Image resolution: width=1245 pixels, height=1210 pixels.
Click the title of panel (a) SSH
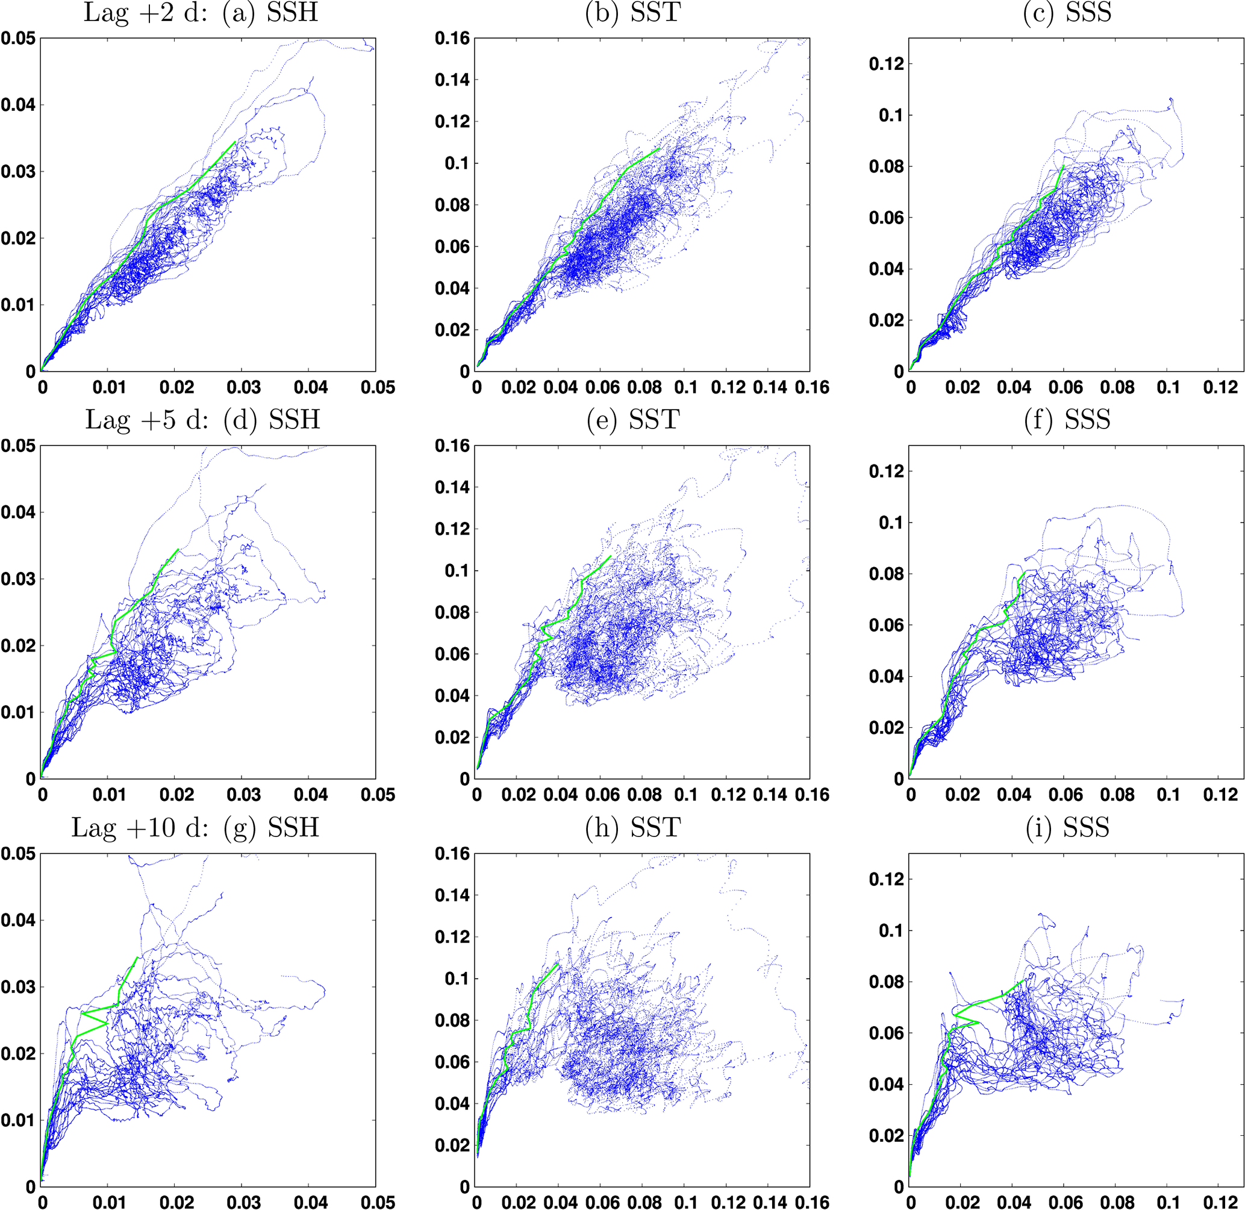pyautogui.click(x=269, y=13)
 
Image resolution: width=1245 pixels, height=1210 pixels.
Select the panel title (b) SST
pyautogui.click(x=632, y=13)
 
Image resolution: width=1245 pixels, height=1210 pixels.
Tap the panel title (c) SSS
pyautogui.click(x=1067, y=13)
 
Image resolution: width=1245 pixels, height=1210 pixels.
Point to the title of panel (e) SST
pyautogui.click(x=632, y=420)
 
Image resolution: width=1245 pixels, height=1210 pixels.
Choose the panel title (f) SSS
pyautogui.click(x=1067, y=420)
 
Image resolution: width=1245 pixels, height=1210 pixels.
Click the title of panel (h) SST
pyautogui.click(x=632, y=827)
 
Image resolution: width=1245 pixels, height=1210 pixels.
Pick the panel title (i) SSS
pyautogui.click(x=1067, y=827)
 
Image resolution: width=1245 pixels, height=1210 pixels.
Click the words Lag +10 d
pyautogui.click(x=139, y=827)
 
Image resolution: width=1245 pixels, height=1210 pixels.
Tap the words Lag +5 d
pyautogui.click(x=146, y=420)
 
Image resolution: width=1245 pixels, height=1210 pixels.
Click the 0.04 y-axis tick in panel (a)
pyautogui.click(x=18, y=105)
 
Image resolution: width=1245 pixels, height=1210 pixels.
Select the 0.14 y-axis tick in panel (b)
pyautogui.click(x=452, y=80)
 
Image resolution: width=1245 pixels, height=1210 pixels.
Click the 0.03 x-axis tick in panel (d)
pyautogui.click(x=243, y=794)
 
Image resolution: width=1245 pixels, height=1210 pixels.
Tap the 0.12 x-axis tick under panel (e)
pyautogui.click(x=728, y=794)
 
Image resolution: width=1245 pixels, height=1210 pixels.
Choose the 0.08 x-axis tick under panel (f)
pyautogui.click(x=1117, y=794)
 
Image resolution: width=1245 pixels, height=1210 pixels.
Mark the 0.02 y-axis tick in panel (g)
pyautogui.click(x=18, y=1054)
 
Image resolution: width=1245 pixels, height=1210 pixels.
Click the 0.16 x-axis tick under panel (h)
pyautogui.click(x=812, y=1202)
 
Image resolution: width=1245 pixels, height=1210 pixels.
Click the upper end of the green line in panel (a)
pyautogui.click(x=236, y=142)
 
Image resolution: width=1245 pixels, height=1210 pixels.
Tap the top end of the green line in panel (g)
pyautogui.click(x=137, y=957)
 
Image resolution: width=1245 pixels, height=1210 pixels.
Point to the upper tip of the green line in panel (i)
pyautogui.click(x=1022, y=981)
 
